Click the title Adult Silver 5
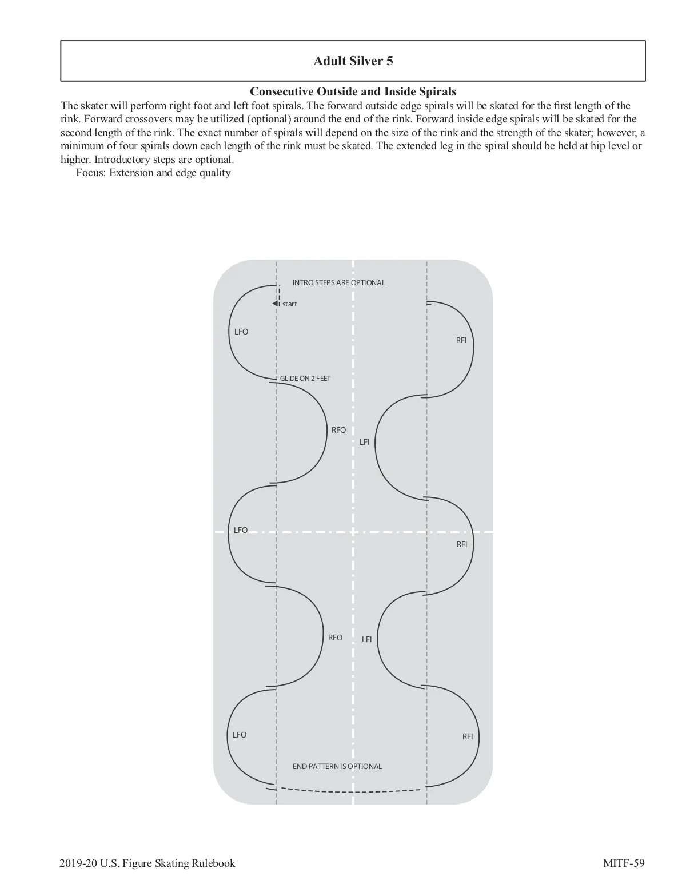coord(353,61)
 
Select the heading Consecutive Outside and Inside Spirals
coord(353,91)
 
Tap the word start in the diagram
coord(290,304)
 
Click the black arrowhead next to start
coord(276,304)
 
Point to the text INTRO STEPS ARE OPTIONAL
coord(339,282)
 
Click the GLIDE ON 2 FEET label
coord(305,379)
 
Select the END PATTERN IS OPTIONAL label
coord(337,766)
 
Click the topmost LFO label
coord(241,332)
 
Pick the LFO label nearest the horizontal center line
coord(241,530)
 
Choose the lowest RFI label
coord(468,736)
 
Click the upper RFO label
coord(339,430)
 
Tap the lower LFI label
coord(367,639)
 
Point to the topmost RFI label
coord(461,340)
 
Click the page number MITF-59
coord(624,863)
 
